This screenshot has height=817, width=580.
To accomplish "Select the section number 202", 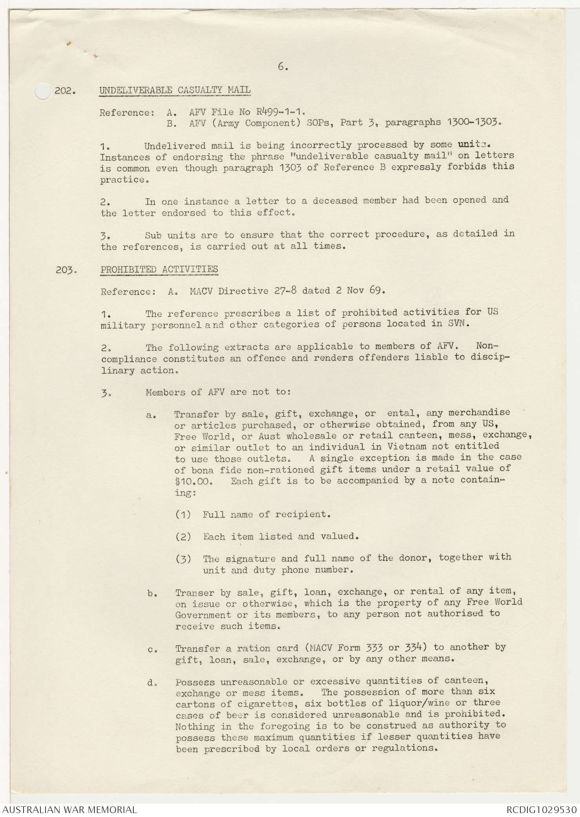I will coord(65,91).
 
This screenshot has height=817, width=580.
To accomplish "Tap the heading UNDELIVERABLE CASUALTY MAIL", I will coord(175,90).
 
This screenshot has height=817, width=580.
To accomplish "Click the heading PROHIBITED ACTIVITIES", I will coord(159,270).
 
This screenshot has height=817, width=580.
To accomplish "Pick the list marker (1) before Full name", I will coord(183,514).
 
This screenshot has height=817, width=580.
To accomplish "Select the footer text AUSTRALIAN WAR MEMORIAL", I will coord(69,810).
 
